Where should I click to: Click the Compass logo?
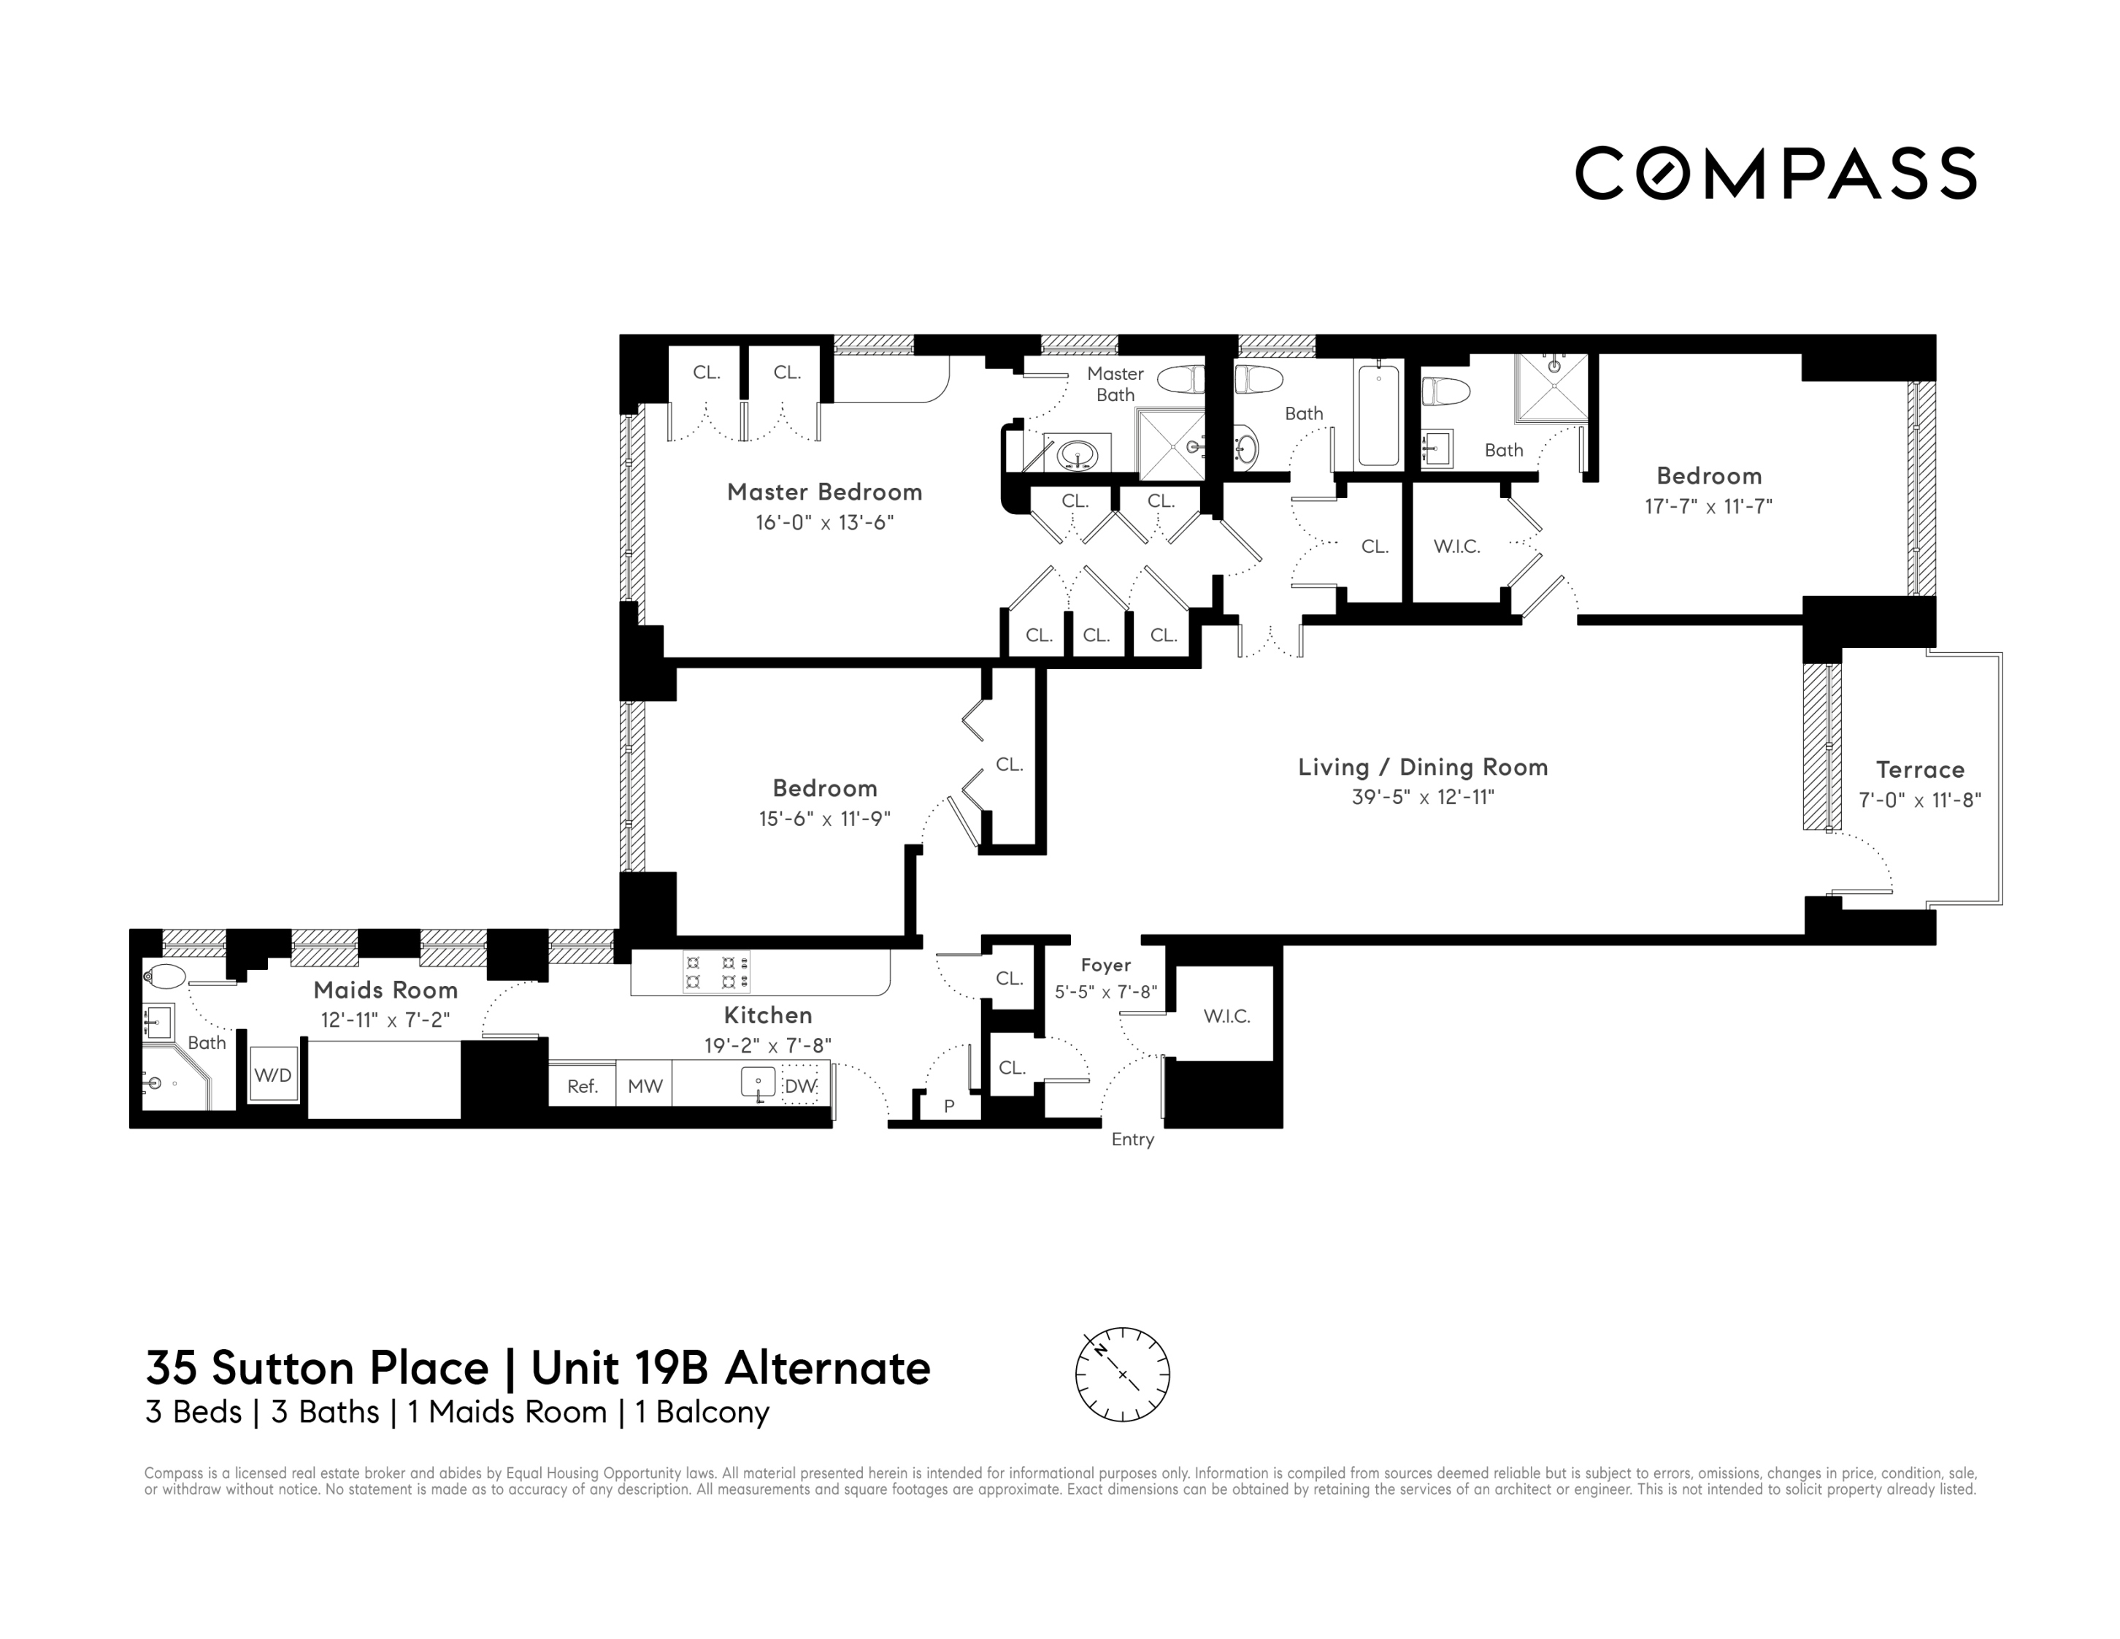(x=1775, y=174)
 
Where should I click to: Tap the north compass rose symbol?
(x=1122, y=1374)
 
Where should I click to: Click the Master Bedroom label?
(x=824, y=492)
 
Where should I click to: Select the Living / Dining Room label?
(x=1423, y=767)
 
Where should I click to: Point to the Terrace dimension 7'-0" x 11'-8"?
(x=1919, y=800)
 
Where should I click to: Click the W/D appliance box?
(x=273, y=1075)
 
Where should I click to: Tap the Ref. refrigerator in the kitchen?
(x=583, y=1085)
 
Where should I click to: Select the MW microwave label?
(x=645, y=1085)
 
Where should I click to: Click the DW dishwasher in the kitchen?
(x=801, y=1085)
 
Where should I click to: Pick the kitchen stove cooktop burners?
(x=718, y=972)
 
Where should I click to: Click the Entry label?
(x=1133, y=1139)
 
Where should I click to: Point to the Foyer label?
(x=1105, y=964)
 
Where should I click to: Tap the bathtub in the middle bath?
(x=1378, y=413)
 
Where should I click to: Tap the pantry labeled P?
(x=949, y=1105)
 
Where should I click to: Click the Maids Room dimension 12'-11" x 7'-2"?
(x=385, y=1020)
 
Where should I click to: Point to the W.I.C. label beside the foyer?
(x=1227, y=1016)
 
